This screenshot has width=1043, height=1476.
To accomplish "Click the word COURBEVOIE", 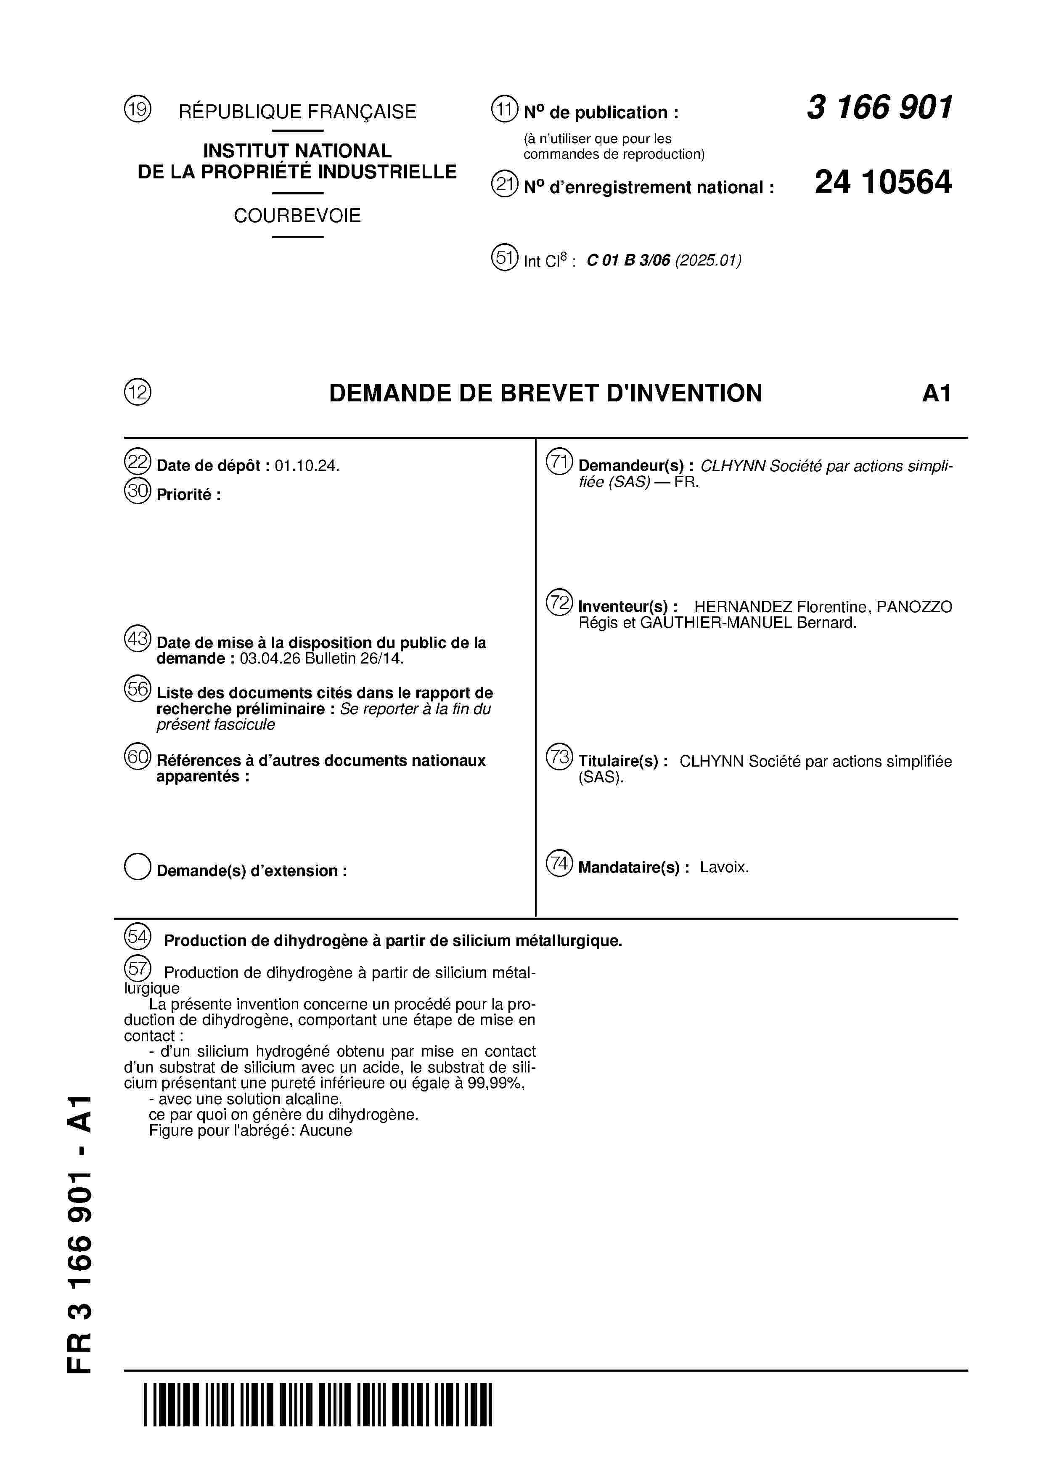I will pos(297,215).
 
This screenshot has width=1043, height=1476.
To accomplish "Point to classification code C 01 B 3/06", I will pos(628,260).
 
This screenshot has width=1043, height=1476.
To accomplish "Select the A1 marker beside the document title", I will pos(936,393).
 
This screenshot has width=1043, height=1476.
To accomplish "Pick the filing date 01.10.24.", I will pos(306,466).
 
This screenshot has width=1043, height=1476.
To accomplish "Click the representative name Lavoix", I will pos(724,867).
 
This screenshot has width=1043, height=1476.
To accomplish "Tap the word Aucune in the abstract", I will pos(326,1131).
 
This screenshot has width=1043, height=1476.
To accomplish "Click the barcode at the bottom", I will pos(318,1414).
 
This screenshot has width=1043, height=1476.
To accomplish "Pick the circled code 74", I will pos(559,863).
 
